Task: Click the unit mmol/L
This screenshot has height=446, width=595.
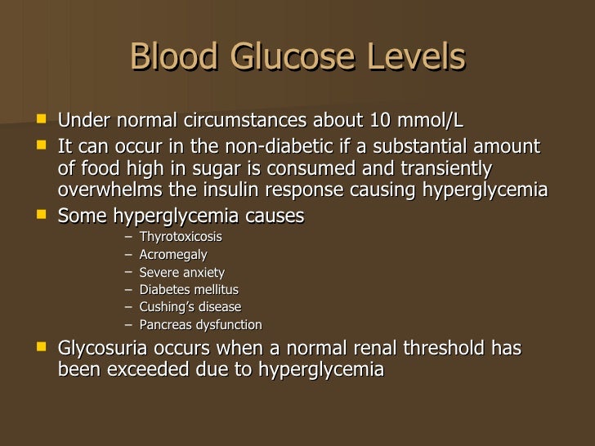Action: click(431, 121)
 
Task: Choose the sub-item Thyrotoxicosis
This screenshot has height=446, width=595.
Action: click(180, 237)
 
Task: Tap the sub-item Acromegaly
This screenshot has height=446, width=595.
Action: click(172, 255)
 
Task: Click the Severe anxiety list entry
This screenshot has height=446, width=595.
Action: click(181, 272)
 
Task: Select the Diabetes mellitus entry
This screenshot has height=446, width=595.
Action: click(189, 290)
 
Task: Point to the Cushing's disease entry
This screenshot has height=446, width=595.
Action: click(190, 307)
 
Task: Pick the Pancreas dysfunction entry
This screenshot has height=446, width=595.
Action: click(200, 325)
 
